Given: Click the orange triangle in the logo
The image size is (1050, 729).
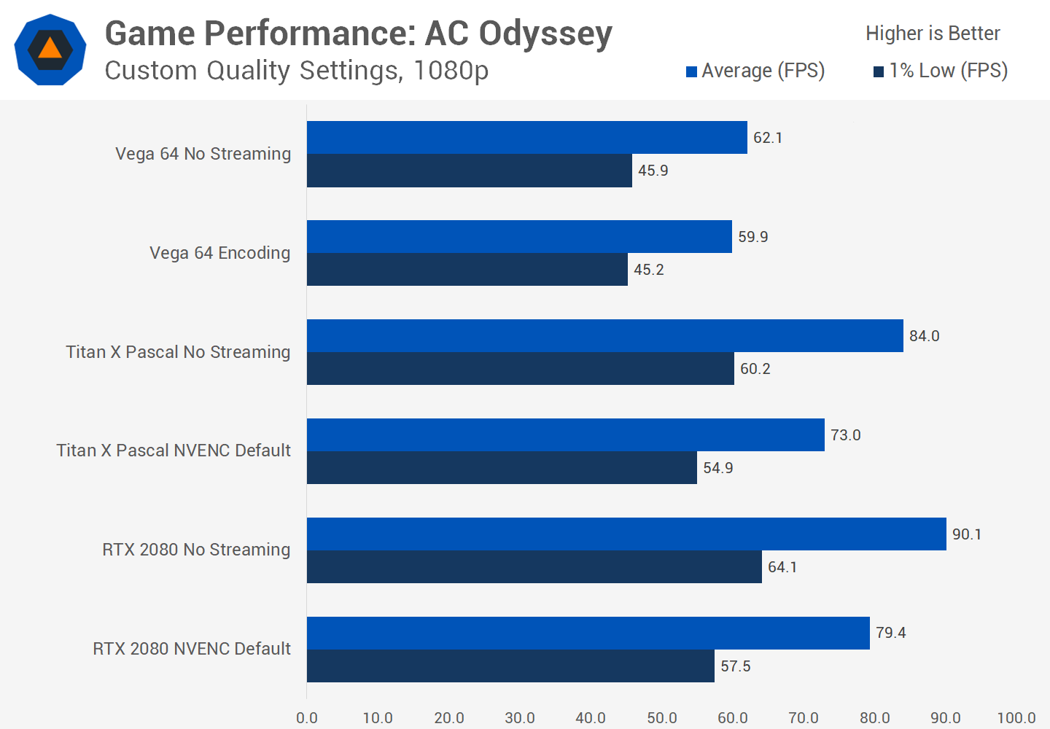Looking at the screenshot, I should click(x=50, y=49).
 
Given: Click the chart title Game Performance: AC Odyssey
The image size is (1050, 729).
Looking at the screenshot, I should click(x=358, y=34).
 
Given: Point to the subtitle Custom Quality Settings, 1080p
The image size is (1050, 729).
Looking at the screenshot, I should click(x=296, y=71).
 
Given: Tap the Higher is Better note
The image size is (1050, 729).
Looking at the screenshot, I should click(x=933, y=34).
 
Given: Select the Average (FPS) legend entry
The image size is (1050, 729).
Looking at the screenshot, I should click(x=755, y=71).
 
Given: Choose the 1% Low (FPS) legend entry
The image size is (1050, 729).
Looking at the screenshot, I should click(x=941, y=71).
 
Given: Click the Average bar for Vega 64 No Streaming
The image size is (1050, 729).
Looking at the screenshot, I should click(x=526, y=137).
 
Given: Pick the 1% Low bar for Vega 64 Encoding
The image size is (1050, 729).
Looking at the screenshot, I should click(x=467, y=270).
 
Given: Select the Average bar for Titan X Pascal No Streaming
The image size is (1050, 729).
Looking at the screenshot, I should click(x=604, y=335).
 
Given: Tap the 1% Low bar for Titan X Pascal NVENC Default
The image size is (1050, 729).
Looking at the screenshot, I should click(x=502, y=467).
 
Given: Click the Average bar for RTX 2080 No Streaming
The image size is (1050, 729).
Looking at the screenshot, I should click(x=626, y=534).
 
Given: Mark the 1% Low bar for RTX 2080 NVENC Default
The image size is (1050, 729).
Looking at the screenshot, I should click(x=510, y=666).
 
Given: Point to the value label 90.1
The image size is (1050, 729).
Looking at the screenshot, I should click(x=967, y=534).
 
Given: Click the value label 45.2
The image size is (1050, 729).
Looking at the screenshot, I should click(x=649, y=270).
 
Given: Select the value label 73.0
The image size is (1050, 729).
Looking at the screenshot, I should click(x=846, y=435).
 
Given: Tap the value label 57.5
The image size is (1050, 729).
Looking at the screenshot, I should click(x=736, y=666).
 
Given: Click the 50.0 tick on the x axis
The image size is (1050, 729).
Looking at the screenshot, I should click(x=662, y=718).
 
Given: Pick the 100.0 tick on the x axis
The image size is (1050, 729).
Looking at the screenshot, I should click(x=1016, y=718).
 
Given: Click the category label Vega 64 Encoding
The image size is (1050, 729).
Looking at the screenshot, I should click(x=219, y=253).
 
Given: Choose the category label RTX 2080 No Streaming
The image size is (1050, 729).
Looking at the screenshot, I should click(x=196, y=550).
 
